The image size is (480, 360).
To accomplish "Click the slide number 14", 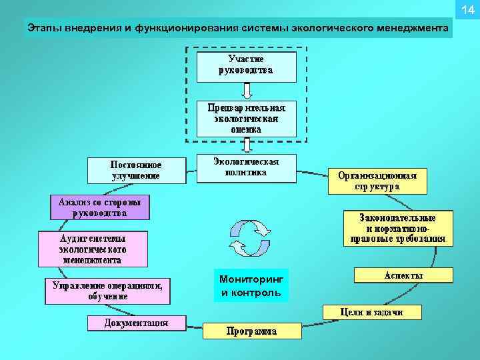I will pos(466,9).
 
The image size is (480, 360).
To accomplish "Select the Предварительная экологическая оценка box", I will pos(246,118).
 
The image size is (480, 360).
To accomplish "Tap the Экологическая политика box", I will pos(246,168).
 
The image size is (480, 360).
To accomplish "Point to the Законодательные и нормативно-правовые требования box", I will pos(398,228).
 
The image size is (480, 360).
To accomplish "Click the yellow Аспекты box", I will pos(403,275).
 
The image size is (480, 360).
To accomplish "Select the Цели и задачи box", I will pos(371,312).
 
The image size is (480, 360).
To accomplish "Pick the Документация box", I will pos(136,324).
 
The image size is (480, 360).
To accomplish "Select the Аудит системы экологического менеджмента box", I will pos(93,249).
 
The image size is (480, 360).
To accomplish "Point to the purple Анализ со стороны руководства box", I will pos(100,207).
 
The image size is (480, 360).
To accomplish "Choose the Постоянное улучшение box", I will pos(136,170).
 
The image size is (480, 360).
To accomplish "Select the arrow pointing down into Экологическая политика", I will pos(246,145).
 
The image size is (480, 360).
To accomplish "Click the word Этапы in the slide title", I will pos(41,29).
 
